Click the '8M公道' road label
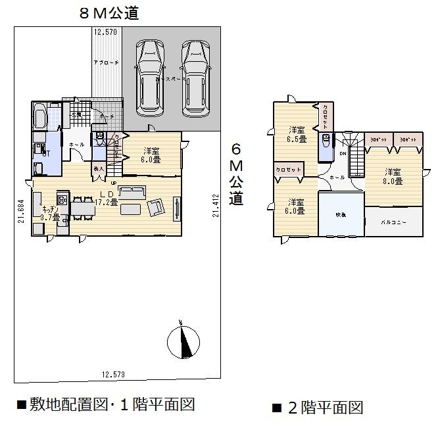click(109, 12)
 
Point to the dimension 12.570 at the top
click(105, 32)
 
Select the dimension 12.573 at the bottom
click(113, 374)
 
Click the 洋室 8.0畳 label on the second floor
click(393, 176)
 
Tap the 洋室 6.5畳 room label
click(297, 134)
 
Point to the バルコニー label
click(394, 222)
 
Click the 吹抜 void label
click(340, 214)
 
